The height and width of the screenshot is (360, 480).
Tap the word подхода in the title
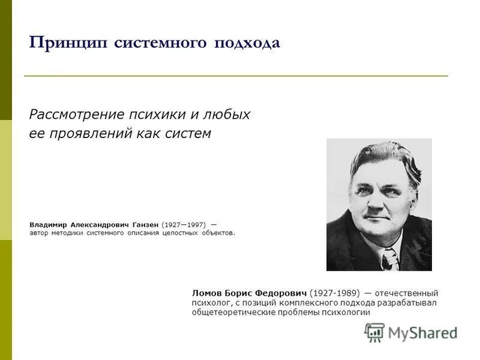tap(246, 43)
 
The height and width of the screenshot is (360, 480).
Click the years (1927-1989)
tap(335, 293)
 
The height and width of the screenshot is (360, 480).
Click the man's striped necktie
tap(389, 260)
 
